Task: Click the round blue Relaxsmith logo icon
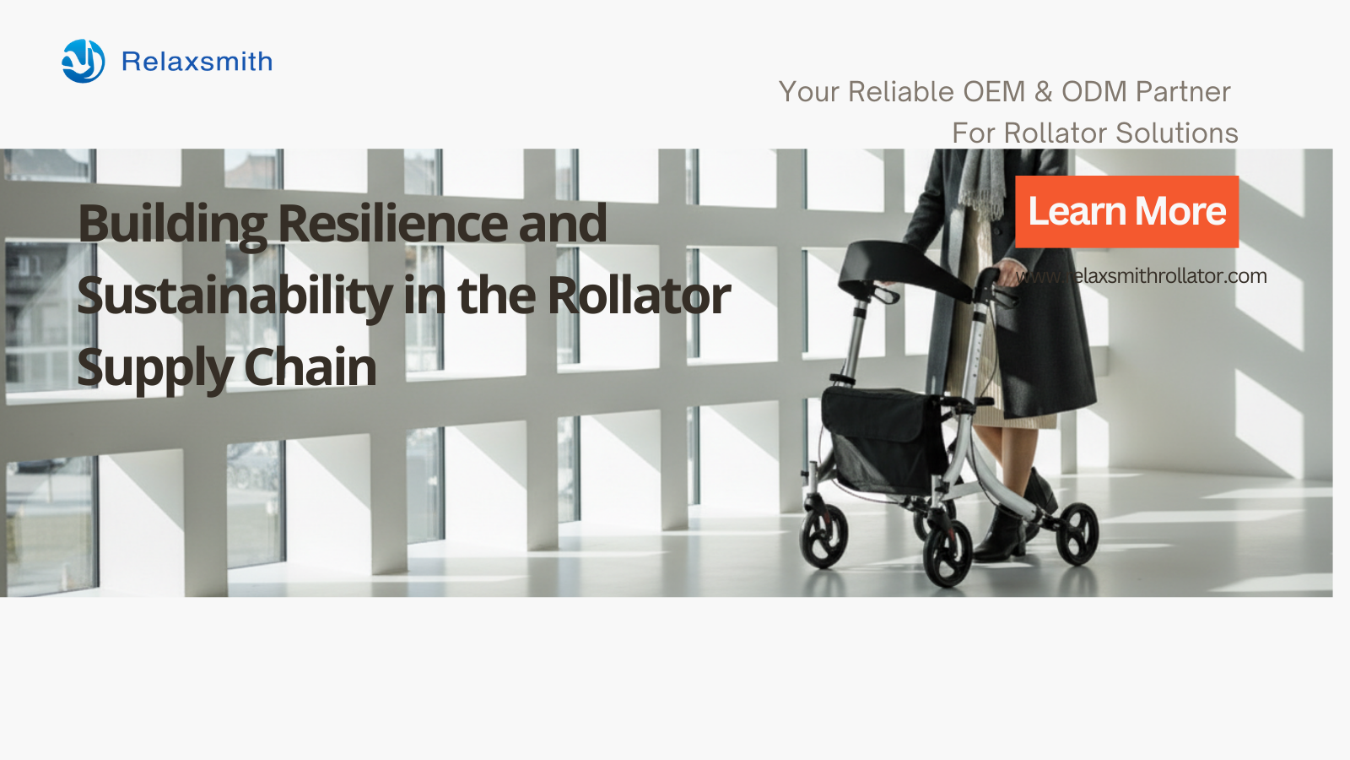coord(84,61)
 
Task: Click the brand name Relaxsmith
coord(197,62)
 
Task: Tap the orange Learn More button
coord(1126,212)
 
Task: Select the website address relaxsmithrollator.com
coord(1141,276)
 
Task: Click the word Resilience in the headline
coord(393,223)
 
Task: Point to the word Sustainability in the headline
coord(235,296)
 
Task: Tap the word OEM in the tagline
coord(994,92)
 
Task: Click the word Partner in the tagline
coord(1183,92)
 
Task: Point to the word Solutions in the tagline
coord(1177,133)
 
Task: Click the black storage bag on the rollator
coord(882,438)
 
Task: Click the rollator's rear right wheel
coord(1077,534)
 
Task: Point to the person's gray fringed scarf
coord(981,181)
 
